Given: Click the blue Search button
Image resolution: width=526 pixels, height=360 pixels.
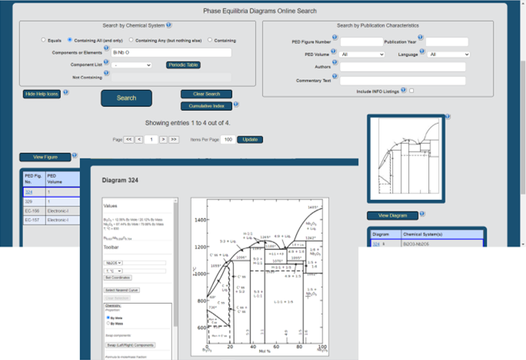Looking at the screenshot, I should pyautogui.click(x=126, y=98).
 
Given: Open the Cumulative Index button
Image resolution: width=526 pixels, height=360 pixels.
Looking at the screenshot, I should pyautogui.click(x=206, y=105).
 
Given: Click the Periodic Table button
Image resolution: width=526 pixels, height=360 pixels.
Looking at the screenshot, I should pyautogui.click(x=182, y=65).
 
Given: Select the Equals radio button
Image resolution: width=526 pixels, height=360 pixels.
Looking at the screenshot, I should pyautogui.click(x=44, y=40).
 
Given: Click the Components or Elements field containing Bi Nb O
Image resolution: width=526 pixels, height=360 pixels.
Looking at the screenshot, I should pyautogui.click(x=171, y=52).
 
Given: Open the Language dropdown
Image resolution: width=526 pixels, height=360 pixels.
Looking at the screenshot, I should pyautogui.click(x=448, y=55).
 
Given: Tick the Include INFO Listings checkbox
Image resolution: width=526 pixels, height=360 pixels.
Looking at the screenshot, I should pyautogui.click(x=411, y=91).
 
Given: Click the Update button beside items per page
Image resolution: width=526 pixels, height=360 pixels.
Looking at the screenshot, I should pyautogui.click(x=250, y=139).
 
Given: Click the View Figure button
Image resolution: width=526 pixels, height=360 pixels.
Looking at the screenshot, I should pyautogui.click(x=45, y=157).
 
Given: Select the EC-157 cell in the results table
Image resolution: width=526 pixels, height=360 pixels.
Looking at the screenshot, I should pyautogui.click(x=32, y=220).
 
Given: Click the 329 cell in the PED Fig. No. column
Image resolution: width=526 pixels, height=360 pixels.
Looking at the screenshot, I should pyautogui.click(x=29, y=201).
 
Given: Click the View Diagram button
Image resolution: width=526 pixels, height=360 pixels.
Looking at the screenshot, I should pyautogui.click(x=392, y=215).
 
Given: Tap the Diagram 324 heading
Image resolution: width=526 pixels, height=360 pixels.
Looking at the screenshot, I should pyautogui.click(x=119, y=181).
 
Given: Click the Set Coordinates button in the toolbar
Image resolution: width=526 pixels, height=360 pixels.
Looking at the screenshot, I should pyautogui.click(x=118, y=278).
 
